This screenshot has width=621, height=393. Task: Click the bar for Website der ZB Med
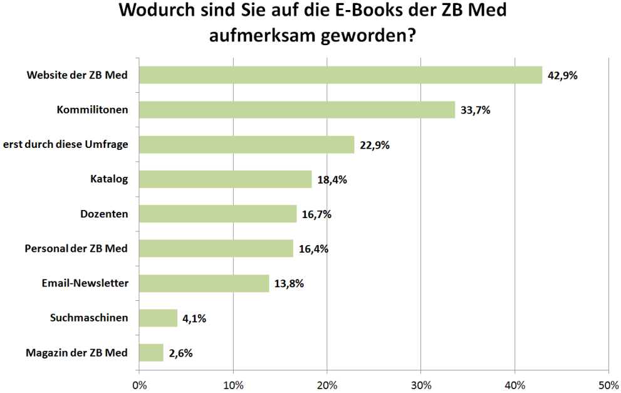pyautogui.click(x=340, y=75)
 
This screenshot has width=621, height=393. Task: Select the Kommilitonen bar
pyautogui.click(x=296, y=110)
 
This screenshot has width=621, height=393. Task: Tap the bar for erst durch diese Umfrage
pyautogui.click(x=246, y=145)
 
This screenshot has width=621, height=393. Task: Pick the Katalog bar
pyautogui.click(x=225, y=179)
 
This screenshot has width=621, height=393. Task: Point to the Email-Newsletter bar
pyautogui.click(x=204, y=283)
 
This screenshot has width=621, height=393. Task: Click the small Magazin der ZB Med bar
pyautogui.click(x=151, y=353)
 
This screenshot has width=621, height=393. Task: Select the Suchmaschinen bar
pyautogui.click(x=158, y=318)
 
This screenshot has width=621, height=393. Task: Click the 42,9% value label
pyautogui.click(x=562, y=76)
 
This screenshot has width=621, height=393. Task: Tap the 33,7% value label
pyautogui.click(x=475, y=110)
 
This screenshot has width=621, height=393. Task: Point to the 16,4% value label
pyautogui.click(x=313, y=249)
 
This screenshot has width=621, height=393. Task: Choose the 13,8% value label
pyautogui.click(x=289, y=283)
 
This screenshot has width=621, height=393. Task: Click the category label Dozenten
pyautogui.click(x=104, y=214)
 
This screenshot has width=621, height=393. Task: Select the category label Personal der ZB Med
pyautogui.click(x=76, y=249)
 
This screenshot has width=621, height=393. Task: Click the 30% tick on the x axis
pyautogui.click(x=421, y=384)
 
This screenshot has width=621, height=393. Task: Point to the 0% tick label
pyautogui.click(x=139, y=384)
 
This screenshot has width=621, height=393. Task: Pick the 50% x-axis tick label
pyautogui.click(x=608, y=384)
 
